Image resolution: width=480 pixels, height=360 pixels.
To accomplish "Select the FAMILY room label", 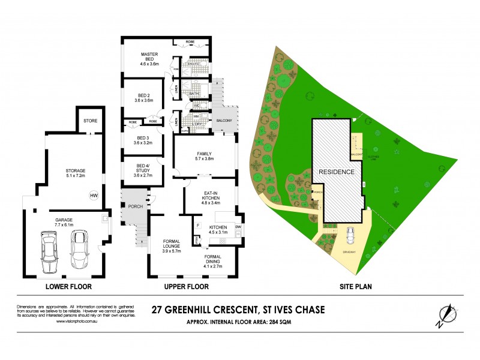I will click(x=205, y=156).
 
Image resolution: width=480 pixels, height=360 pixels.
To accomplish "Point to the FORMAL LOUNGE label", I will click(x=176, y=245).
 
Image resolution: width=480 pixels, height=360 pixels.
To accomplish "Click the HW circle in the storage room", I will click(x=93, y=196).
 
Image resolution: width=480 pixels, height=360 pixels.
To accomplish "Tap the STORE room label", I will click(x=91, y=121).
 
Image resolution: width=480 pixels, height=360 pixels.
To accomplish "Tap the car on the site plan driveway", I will click(x=350, y=235).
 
